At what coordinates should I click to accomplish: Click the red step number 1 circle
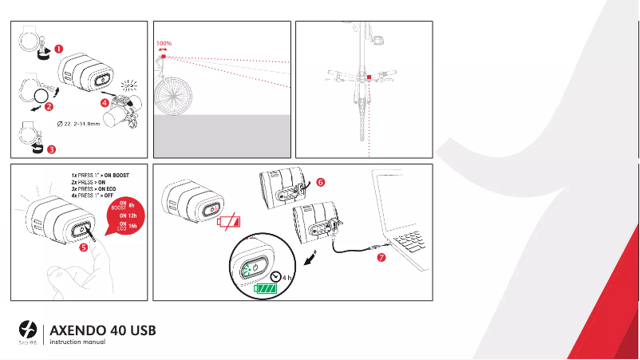(x=60, y=49)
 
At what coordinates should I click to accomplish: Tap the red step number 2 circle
(x=49, y=106)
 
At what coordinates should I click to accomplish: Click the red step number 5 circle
(x=85, y=247)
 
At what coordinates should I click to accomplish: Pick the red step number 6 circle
(x=321, y=182)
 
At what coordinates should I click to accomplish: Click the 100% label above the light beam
(x=164, y=43)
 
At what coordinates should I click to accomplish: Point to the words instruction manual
(x=77, y=342)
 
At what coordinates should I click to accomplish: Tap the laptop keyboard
(x=409, y=239)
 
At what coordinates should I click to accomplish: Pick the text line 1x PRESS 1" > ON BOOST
(x=100, y=174)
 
